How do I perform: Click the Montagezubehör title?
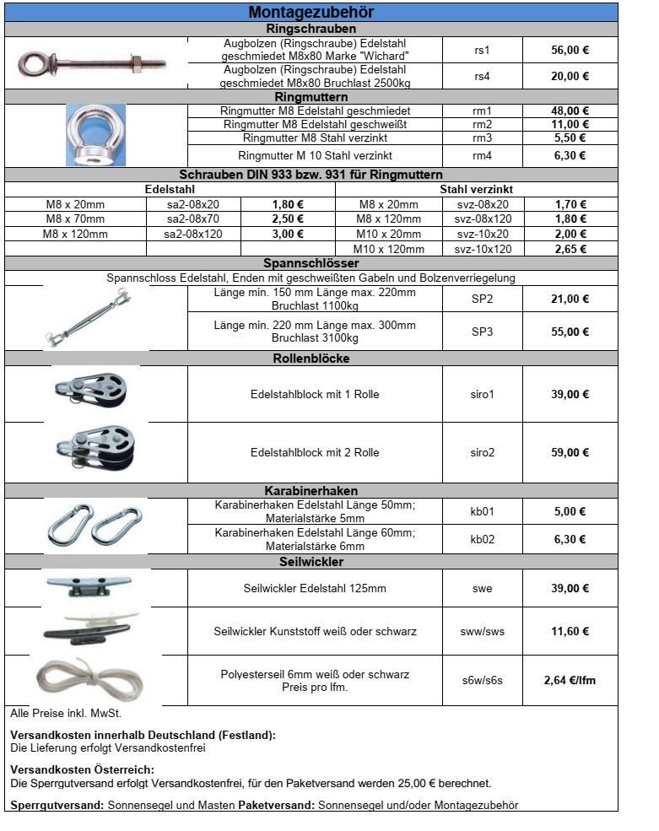click(311, 13)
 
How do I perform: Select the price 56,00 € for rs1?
click(570, 50)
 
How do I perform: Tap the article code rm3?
click(482, 138)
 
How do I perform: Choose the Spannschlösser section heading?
click(311, 262)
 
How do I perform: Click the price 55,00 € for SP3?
click(570, 332)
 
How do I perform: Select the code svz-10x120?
click(483, 249)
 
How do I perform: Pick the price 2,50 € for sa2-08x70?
click(288, 219)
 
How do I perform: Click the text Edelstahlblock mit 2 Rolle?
click(315, 452)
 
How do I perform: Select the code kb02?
click(482, 539)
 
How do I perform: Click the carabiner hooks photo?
click(94, 526)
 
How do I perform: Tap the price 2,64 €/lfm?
click(570, 680)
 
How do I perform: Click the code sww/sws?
click(482, 631)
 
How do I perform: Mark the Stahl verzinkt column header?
click(476, 190)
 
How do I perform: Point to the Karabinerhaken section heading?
click(311, 490)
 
